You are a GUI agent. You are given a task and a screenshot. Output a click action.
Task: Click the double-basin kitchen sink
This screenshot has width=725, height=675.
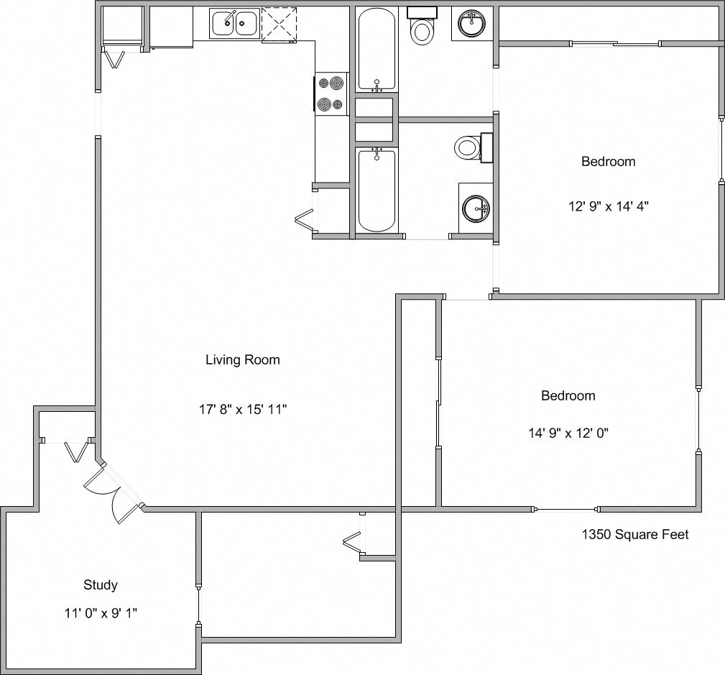[235, 23]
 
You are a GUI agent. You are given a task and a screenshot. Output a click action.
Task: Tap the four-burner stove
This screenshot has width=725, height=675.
[331, 93]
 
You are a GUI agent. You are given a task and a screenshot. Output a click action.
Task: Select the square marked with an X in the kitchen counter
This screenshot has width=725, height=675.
[279, 24]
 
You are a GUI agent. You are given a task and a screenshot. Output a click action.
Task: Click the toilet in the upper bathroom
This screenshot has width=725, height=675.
[421, 29]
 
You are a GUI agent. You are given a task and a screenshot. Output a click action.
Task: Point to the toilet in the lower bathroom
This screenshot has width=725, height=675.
[468, 148]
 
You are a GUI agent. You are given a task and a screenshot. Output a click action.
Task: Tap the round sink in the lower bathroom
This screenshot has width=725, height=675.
[476, 209]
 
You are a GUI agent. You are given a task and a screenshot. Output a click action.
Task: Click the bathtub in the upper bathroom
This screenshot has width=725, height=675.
[376, 50]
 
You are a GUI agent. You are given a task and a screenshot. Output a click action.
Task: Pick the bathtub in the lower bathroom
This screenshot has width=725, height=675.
[376, 190]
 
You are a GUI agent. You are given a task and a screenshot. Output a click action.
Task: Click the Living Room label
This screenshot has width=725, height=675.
[243, 360]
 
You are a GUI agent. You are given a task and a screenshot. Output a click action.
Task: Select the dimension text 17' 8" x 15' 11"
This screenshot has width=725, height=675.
[243, 410]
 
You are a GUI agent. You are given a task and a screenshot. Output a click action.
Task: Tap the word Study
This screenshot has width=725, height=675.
[101, 585]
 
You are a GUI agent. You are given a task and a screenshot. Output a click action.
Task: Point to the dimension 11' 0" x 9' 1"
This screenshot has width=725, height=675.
[101, 613]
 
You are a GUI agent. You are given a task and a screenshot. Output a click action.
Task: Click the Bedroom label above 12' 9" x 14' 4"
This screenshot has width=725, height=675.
[608, 162]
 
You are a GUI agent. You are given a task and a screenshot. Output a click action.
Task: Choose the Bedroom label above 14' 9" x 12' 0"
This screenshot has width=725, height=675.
[568, 395]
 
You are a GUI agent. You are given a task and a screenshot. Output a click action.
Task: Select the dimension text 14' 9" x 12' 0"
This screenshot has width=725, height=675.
[568, 433]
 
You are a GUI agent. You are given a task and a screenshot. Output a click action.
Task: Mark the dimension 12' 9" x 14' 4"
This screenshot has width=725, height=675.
[608, 206]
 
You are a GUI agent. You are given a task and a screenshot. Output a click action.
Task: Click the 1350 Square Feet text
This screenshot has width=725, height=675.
[634, 534]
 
